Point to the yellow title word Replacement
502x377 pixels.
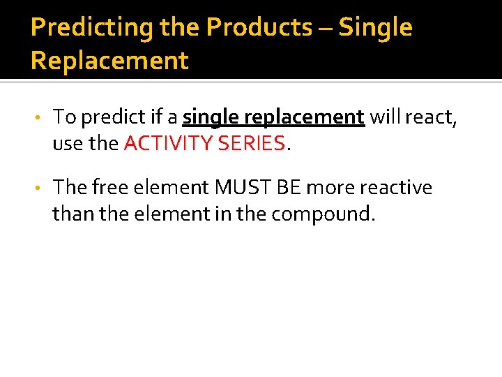click(x=109, y=61)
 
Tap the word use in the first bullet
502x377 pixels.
click(x=67, y=144)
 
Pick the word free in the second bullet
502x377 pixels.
click(x=107, y=188)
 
